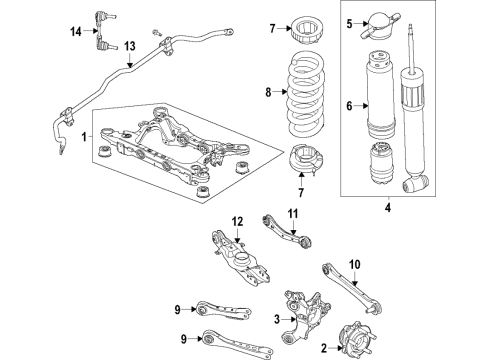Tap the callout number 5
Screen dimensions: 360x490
[349, 22]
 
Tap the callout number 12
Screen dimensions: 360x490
[238, 221]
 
